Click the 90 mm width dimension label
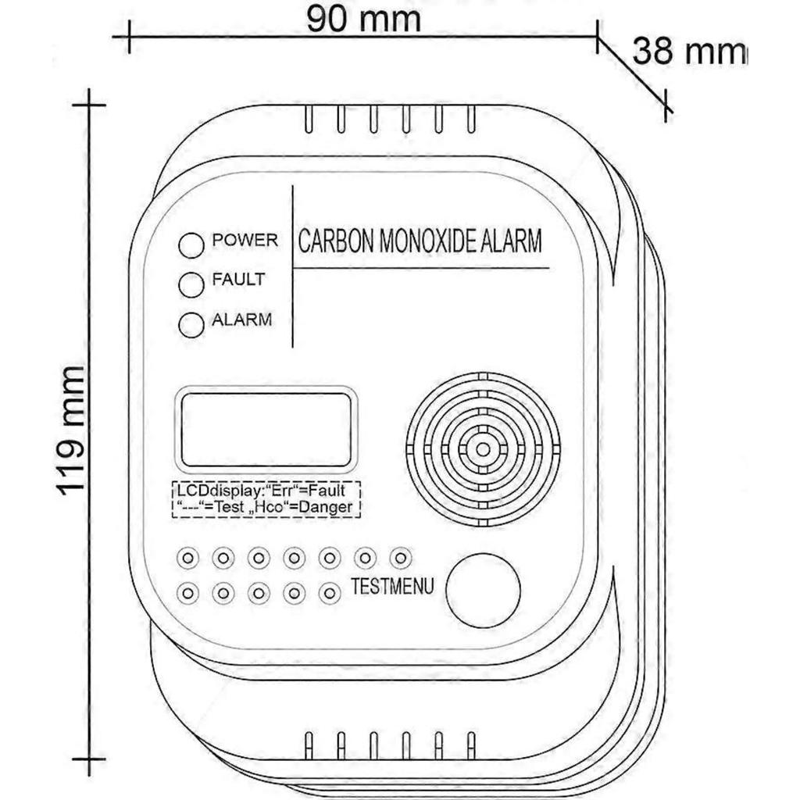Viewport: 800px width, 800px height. pos(363,20)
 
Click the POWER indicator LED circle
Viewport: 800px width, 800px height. pos(191,245)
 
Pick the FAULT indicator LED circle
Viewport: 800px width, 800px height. pos(191,284)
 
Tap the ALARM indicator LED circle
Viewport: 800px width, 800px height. pos(191,324)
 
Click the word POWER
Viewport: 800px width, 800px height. pos(245,240)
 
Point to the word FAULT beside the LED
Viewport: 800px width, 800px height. pos(238,280)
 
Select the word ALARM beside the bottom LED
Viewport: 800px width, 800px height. pos(242,320)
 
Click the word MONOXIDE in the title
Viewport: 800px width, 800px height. pos(430,241)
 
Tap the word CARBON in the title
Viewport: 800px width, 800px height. pos(336,241)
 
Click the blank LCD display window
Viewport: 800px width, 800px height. pos(265,429)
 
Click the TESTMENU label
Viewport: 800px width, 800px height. pos(392,587)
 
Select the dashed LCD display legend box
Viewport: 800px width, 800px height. pos(266,499)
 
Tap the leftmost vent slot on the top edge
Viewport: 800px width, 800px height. pos(309,119)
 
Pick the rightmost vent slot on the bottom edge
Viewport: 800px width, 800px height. pos(471,744)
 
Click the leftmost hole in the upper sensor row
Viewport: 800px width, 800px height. pos(187,558)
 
